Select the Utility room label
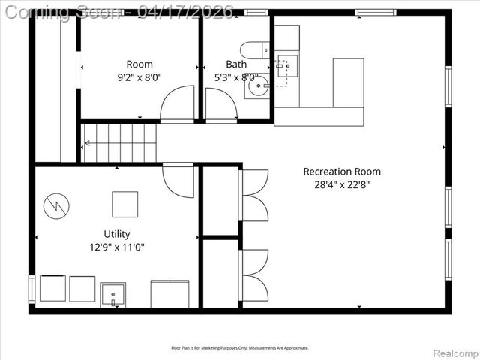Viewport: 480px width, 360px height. click(116, 233)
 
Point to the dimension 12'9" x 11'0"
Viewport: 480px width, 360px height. click(116, 246)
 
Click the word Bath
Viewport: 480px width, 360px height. click(236, 64)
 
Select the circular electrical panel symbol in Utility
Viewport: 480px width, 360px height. click(56, 205)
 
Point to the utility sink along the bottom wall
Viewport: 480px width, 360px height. click(113, 295)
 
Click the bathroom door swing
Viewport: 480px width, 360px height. click(220, 104)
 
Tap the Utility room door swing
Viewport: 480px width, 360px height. click(178, 180)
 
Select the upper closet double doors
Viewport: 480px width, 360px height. click(254, 196)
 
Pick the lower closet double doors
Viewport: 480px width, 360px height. click(254, 275)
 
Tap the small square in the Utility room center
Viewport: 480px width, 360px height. click(125, 204)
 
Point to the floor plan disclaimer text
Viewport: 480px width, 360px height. click(240, 347)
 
